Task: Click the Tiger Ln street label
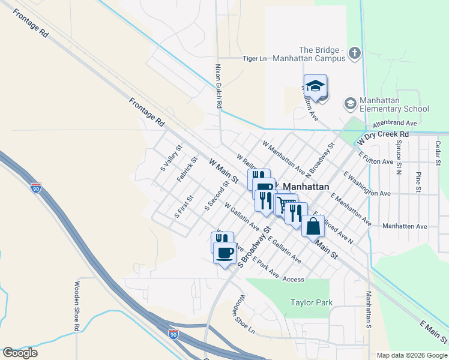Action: (x=254, y=58)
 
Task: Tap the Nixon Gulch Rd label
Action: (x=219, y=87)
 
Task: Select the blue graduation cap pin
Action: (x=315, y=88)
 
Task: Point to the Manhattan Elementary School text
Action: (x=394, y=104)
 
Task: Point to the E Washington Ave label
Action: (x=367, y=184)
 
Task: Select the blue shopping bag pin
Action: (x=313, y=227)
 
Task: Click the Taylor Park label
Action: (x=311, y=303)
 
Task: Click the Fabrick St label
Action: (x=187, y=170)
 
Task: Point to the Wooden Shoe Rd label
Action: (x=77, y=306)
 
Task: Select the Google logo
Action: (x=20, y=353)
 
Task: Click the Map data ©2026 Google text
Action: (x=411, y=355)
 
